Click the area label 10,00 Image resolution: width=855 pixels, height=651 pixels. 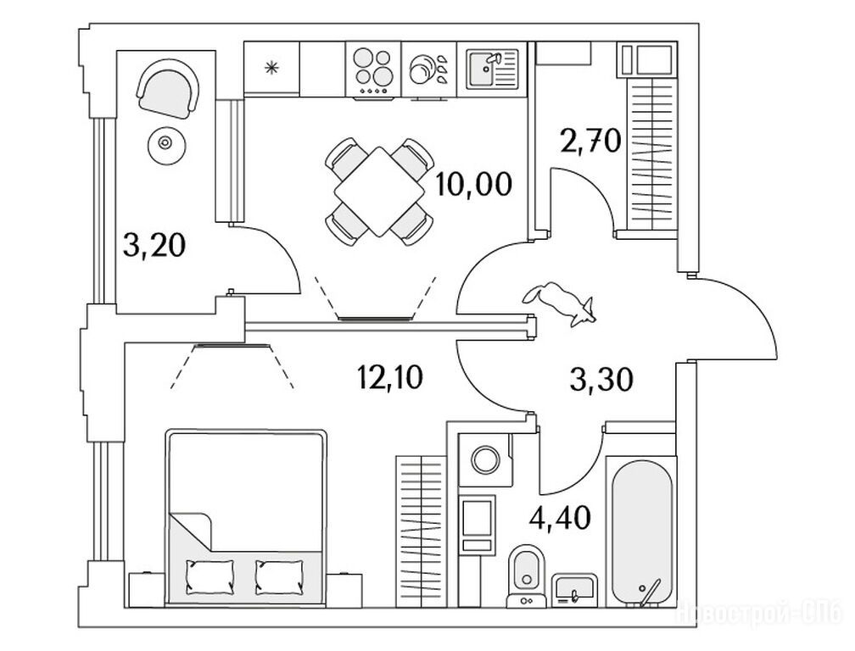474,182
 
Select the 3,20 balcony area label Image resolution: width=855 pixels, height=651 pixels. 154,246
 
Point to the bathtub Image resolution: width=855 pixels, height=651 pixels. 640,531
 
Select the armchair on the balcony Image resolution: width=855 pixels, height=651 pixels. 170,90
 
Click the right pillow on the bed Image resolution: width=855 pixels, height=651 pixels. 277,578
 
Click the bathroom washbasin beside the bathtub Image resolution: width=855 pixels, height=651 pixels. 575,587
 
